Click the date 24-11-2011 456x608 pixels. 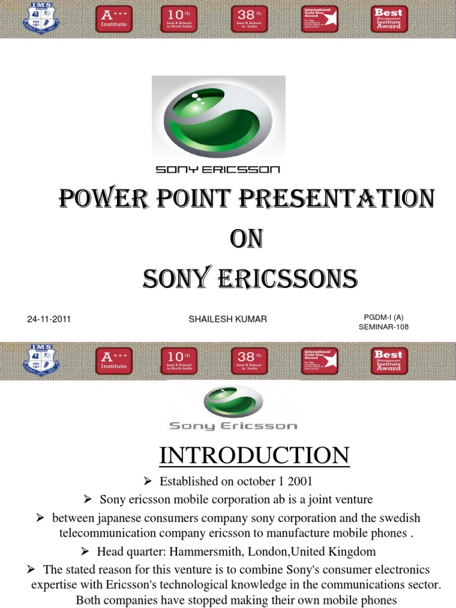point(49,319)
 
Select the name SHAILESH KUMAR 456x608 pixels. point(227,319)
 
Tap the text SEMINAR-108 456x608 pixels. point(384,327)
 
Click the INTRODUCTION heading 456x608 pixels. point(254,455)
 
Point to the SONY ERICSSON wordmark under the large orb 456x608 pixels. point(217,170)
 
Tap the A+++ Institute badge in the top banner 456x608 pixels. point(114,19)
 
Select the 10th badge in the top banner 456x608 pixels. point(179,19)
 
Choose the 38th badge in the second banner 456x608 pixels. point(249,361)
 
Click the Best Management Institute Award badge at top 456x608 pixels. point(388,19)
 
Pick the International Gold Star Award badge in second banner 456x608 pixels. point(319,361)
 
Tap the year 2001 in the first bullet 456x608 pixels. point(300,481)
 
